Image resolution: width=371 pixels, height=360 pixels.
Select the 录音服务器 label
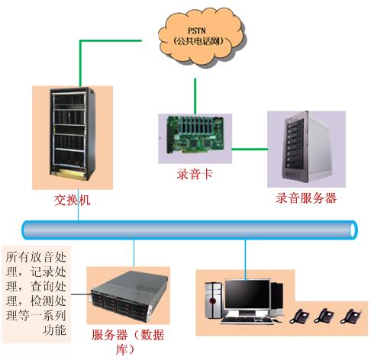coord(306,198)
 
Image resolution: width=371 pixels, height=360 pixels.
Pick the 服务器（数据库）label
coord(127,340)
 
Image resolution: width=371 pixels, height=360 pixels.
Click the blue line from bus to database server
coord(134,252)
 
